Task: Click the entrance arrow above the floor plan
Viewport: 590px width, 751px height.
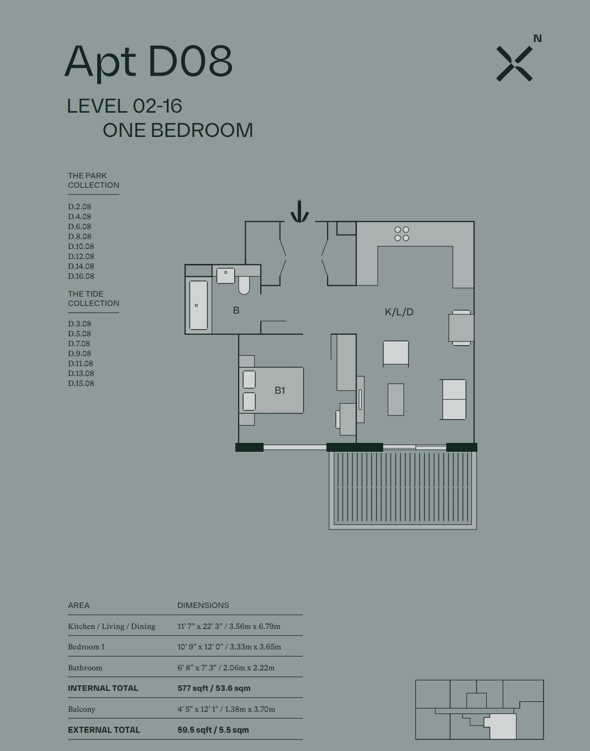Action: (x=299, y=211)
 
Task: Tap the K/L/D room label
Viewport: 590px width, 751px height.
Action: (x=399, y=312)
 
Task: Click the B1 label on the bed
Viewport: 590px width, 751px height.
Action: (x=280, y=390)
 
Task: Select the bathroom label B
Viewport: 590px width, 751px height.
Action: (x=236, y=310)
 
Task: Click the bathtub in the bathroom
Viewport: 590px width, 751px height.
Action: (x=198, y=305)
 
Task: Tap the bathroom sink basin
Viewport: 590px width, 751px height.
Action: (x=226, y=276)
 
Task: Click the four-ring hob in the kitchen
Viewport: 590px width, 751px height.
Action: (x=402, y=234)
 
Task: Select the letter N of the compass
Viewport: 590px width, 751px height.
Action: (x=538, y=38)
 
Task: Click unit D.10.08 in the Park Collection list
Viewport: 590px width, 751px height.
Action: (x=81, y=246)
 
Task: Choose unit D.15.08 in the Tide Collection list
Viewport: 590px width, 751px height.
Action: (x=81, y=383)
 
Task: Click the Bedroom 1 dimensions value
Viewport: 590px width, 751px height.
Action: (x=229, y=647)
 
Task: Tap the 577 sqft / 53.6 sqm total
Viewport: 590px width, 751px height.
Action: (x=214, y=688)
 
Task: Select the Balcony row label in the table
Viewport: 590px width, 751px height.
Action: (x=82, y=709)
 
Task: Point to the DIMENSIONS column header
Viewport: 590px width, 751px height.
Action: (x=203, y=605)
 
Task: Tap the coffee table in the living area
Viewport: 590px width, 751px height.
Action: (x=396, y=399)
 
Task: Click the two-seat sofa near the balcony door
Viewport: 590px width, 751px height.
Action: (x=454, y=399)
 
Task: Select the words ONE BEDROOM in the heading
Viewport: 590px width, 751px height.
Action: (x=178, y=130)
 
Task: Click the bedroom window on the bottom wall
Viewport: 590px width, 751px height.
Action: (x=295, y=447)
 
